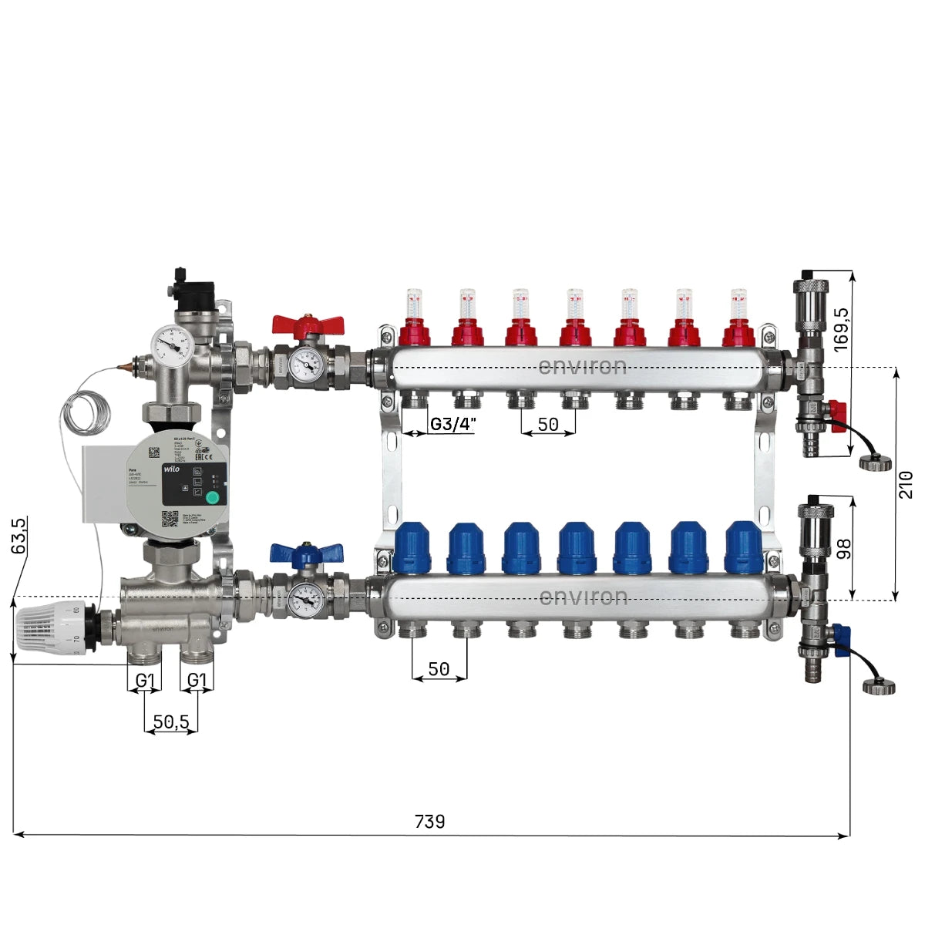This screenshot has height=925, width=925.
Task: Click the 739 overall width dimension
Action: [429, 822]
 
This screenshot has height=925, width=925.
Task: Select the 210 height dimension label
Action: [906, 484]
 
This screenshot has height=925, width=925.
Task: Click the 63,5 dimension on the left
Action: [19, 535]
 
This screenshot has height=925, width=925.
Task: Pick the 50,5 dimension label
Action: [171, 721]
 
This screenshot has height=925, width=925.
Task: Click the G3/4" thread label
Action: [453, 424]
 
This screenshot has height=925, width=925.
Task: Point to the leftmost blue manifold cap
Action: [411, 547]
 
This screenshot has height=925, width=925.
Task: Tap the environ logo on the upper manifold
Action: [582, 366]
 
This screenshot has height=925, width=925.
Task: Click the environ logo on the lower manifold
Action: [583, 597]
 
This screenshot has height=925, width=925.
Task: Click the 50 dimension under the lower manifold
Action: [439, 669]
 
